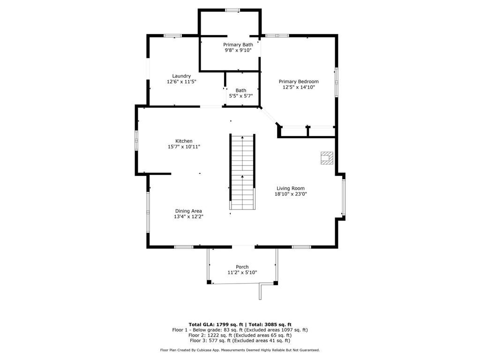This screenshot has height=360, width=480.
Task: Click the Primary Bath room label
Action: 238,45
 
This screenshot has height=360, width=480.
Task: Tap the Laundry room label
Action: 181,76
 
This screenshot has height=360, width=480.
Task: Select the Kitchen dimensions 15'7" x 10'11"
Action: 184,147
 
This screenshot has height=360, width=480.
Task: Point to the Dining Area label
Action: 188,211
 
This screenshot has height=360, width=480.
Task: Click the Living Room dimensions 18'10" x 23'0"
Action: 291,194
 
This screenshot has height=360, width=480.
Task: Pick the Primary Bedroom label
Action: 299,82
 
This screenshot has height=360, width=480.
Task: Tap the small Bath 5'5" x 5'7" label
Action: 241,93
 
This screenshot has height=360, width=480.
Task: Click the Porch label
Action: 242,267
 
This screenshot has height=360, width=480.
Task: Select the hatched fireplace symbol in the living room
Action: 327,158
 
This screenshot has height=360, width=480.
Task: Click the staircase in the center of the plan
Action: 242,172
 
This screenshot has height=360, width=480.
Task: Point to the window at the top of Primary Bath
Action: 232,10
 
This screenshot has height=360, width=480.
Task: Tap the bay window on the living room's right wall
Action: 344,197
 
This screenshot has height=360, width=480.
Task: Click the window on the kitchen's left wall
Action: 136,141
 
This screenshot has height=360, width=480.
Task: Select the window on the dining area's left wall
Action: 148,212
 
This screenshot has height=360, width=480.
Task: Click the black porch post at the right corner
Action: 276,283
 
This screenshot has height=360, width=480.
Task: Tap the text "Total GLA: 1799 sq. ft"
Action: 216,324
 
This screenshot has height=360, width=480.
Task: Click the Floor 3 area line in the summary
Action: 240,340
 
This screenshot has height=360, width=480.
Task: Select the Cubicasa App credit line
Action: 240,350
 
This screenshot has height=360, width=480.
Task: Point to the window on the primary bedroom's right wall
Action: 336,82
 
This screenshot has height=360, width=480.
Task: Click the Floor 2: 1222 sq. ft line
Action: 240,335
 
